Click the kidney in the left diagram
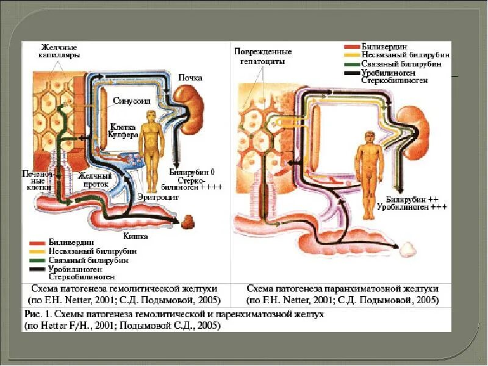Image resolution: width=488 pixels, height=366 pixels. (189, 102)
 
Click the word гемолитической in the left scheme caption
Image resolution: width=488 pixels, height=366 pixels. (138, 287)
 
